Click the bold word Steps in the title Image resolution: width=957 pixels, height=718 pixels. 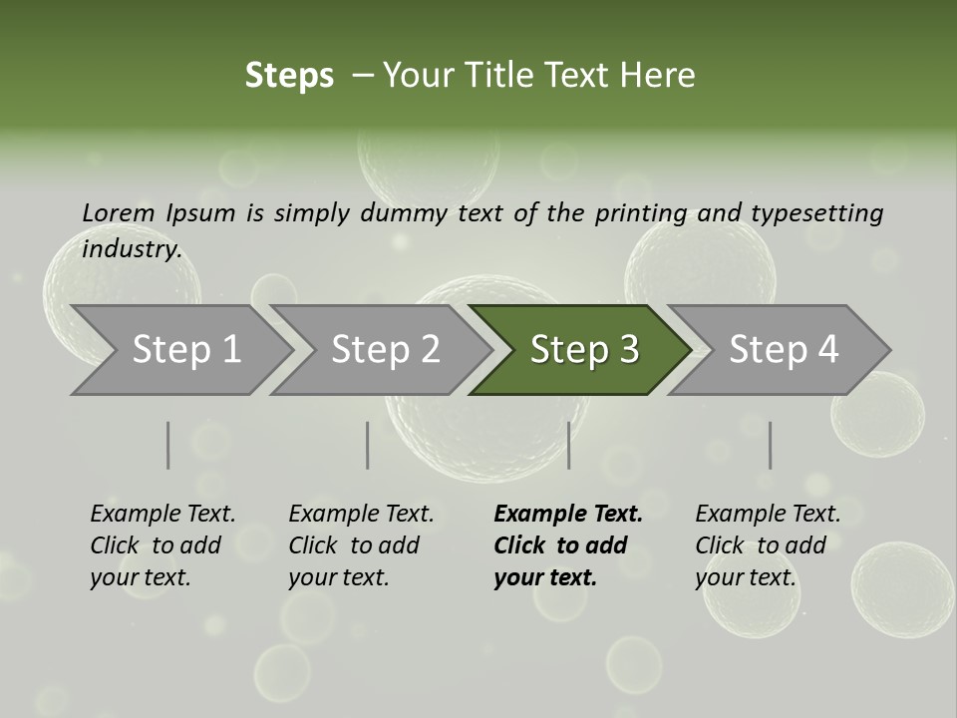289,76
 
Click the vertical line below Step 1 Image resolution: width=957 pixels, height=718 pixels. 168,445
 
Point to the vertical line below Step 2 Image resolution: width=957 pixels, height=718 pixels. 368,445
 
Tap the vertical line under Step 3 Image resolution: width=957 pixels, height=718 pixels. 568,445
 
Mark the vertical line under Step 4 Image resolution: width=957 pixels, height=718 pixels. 770,445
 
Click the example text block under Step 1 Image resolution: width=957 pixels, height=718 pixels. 162,545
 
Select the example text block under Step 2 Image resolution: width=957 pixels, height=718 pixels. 361,545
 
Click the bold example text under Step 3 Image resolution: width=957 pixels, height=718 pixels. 568,545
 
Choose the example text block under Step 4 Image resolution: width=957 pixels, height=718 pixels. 768,545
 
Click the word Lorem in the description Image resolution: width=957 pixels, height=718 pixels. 119,212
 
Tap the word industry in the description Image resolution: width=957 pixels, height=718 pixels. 132,249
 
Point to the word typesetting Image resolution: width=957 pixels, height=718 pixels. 816,213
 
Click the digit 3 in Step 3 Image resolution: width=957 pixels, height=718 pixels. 628,350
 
